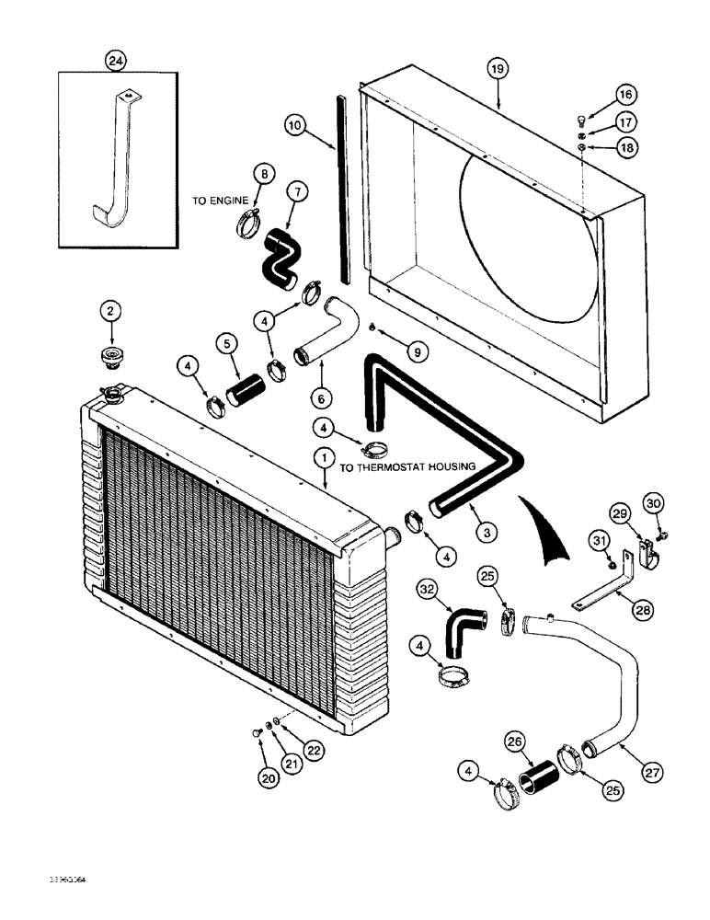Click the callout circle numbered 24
coord(116,62)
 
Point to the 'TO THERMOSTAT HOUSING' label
coord(407,467)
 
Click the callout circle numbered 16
coord(600,95)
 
